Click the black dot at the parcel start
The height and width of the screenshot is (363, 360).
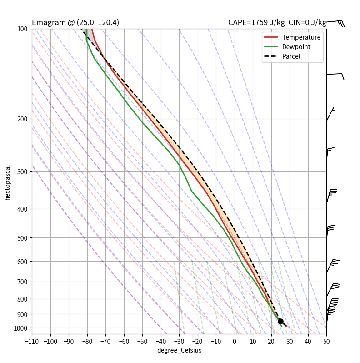[x=280, y=321]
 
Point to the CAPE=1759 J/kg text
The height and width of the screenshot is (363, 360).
[x=256, y=23]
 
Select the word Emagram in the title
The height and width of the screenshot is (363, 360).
[x=46, y=23]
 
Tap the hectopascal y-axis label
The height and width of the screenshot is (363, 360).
[x=7, y=182]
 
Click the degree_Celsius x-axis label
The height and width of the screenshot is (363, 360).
[x=179, y=350]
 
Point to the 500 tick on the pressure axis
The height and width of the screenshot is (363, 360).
[x=22, y=238]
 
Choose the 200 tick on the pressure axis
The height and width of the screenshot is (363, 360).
[x=22, y=119]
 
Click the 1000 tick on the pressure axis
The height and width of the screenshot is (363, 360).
[x=20, y=328]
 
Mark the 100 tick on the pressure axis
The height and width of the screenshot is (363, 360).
[x=22, y=29]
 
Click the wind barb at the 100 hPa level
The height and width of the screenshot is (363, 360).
[x=335, y=22]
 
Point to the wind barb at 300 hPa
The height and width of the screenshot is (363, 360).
[x=330, y=150]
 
